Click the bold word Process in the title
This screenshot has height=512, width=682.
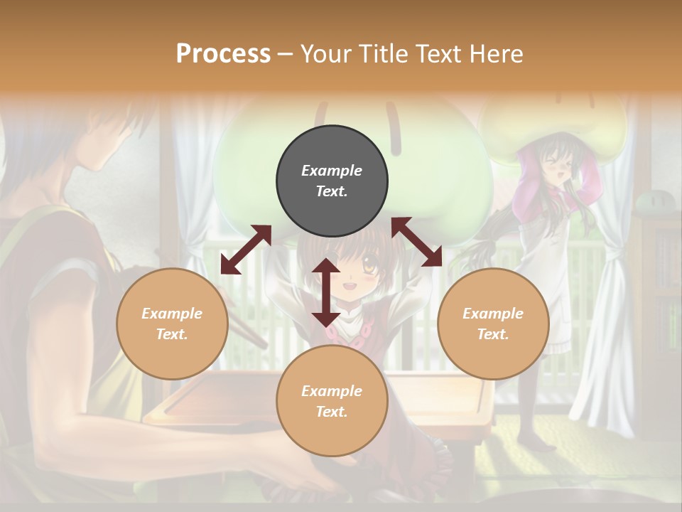point(223,53)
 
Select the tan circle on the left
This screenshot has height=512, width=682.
point(172,324)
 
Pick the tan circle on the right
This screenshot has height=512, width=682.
point(493,324)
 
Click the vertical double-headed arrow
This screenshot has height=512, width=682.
point(326,292)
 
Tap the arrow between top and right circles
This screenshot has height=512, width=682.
point(416,242)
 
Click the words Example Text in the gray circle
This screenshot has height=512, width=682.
point(332,181)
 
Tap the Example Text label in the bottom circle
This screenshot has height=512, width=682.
point(332,401)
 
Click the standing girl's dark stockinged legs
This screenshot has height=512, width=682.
point(533,412)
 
